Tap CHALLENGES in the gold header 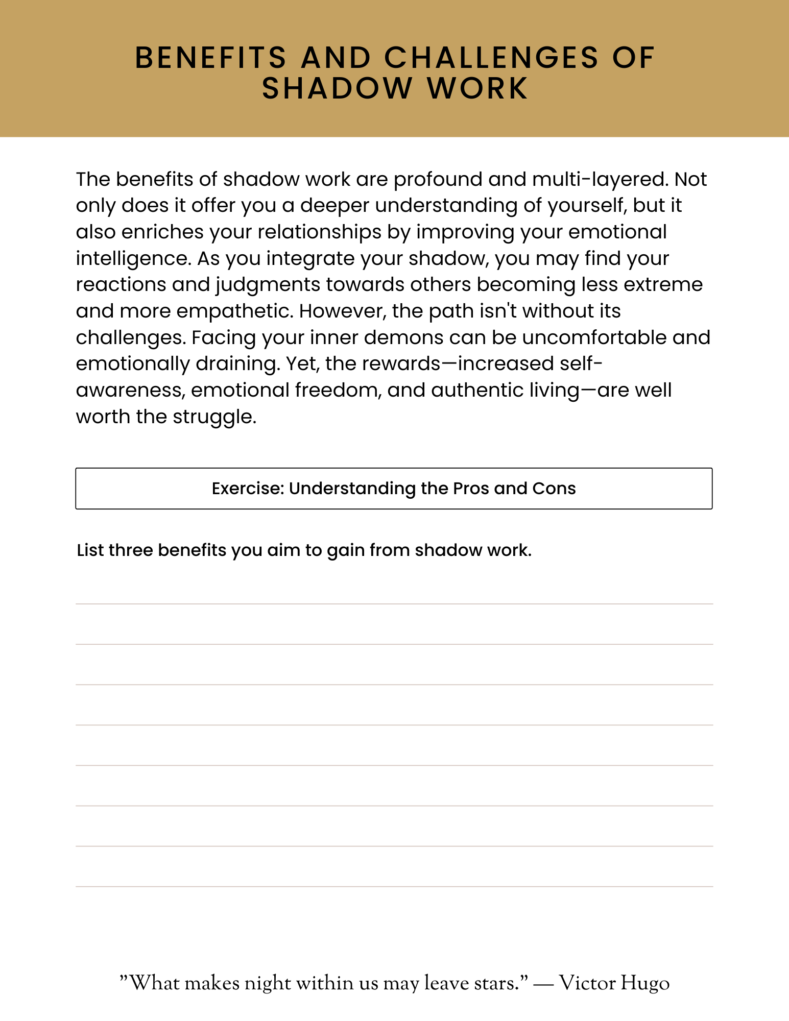[491, 57]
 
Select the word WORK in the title [477, 88]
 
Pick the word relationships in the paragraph [320, 232]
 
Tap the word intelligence [133, 258]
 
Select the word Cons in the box [554, 489]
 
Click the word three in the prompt [131, 550]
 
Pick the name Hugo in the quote [645, 983]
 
